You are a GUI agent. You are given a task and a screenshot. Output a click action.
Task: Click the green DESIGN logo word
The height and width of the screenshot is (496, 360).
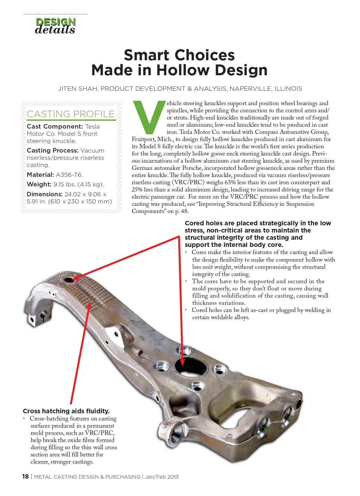[x=55, y=22]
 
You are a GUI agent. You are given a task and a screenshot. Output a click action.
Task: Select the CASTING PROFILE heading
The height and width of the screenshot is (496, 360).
[x=71, y=114]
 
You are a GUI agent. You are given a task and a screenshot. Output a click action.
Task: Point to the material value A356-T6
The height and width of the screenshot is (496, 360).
[x=69, y=175]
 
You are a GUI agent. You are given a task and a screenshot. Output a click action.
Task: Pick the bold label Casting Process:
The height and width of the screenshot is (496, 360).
[x=53, y=150]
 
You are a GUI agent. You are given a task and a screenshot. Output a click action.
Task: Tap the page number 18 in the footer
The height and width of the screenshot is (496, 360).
[x=25, y=477]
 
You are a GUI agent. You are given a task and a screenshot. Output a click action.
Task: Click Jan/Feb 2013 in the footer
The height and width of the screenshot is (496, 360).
[x=162, y=477]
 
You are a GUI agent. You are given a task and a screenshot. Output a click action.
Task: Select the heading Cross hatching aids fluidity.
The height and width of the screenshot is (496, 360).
[x=66, y=411]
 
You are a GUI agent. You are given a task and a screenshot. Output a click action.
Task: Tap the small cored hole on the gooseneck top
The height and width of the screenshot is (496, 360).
[x=69, y=281]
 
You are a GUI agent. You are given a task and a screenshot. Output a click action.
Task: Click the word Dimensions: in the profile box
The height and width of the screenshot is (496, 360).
[x=44, y=194]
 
